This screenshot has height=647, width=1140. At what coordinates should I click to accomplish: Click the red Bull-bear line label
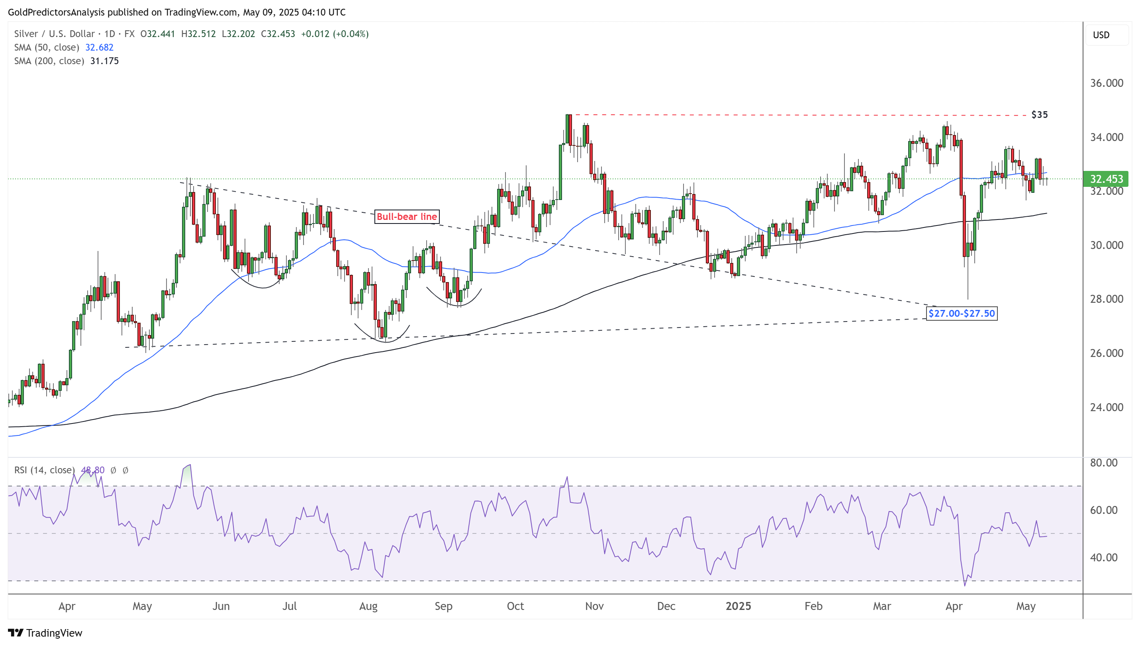(x=407, y=217)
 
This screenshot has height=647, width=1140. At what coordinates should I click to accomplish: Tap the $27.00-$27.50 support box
(x=962, y=314)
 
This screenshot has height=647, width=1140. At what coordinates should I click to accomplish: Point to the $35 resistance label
(x=1039, y=115)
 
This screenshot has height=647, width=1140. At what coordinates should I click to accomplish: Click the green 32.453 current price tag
(x=1106, y=179)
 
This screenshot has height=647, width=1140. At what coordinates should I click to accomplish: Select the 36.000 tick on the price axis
(x=1106, y=83)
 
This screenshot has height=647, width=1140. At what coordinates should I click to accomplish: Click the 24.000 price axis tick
(x=1106, y=408)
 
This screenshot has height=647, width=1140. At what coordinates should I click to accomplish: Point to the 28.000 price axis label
(x=1106, y=299)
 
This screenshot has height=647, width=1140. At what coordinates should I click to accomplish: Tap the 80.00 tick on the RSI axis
(x=1104, y=463)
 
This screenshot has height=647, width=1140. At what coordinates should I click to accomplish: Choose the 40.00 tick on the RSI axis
(x=1104, y=558)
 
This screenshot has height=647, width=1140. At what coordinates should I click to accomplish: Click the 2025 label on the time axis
(x=738, y=606)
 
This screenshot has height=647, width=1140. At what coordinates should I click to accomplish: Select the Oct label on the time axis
(x=515, y=606)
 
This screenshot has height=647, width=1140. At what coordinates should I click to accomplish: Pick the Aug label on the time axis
(x=368, y=606)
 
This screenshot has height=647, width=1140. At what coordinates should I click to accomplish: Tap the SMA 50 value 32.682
(x=99, y=47)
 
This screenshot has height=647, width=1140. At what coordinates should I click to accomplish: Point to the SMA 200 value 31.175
(x=104, y=61)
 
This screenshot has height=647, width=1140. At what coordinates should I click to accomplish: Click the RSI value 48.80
(x=92, y=470)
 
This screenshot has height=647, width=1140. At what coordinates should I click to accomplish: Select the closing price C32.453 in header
(x=278, y=34)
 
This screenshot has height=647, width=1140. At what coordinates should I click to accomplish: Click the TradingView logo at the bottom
(x=45, y=633)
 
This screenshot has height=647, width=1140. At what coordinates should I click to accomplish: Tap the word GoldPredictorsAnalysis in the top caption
(x=57, y=12)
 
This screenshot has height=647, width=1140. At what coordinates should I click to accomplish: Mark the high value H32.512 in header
(x=198, y=34)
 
